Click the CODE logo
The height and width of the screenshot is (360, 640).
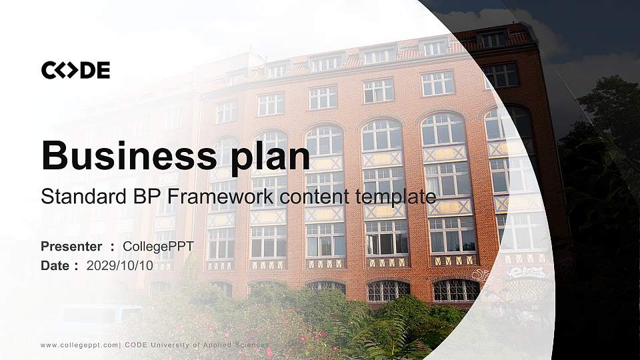coord(75,70)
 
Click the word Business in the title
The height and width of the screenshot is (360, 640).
coord(129,155)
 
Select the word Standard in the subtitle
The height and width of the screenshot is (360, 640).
coord(84,196)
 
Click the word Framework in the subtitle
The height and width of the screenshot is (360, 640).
coord(221,196)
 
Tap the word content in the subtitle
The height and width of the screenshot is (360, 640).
coord(315,197)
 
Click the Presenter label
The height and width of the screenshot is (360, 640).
coord(71,247)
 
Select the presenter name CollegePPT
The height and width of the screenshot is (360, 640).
coord(159,247)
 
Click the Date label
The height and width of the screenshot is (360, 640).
coord(55,266)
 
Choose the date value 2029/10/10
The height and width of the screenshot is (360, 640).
coord(119,266)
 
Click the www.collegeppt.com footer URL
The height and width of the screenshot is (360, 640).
coord(79,345)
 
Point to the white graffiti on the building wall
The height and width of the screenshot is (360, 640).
coord(526,273)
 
